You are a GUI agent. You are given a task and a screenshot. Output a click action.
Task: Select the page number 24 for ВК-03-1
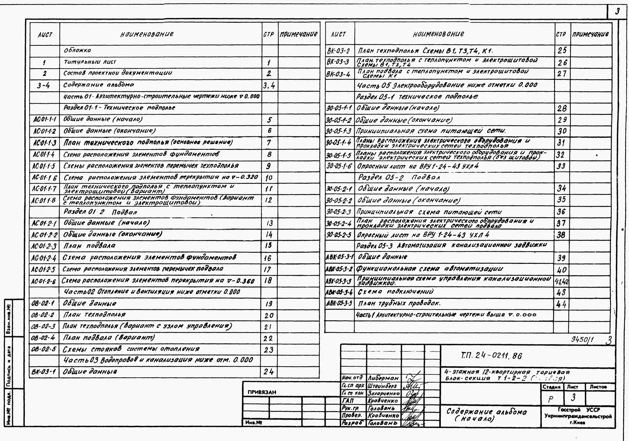268,372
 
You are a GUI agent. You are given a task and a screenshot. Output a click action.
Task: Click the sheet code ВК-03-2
338,51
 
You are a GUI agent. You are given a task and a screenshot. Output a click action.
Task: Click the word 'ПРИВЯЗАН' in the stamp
262,392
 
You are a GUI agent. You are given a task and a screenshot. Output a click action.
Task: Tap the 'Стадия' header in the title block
551,387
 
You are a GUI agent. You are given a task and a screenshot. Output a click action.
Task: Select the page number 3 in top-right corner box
617,12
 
